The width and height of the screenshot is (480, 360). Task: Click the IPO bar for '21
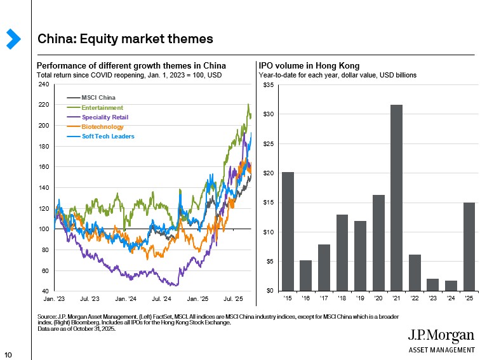click(396, 197)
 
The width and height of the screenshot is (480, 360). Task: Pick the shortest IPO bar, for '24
click(451, 285)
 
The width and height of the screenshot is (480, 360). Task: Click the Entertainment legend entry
click(102, 108)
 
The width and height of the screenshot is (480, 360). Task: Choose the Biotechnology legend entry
click(102, 127)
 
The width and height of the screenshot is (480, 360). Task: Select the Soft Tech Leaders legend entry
click(108, 137)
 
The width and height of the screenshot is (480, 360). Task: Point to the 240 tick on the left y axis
click(43, 84)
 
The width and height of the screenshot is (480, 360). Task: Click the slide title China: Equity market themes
click(125, 39)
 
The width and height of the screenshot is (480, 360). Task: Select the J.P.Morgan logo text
click(441, 336)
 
